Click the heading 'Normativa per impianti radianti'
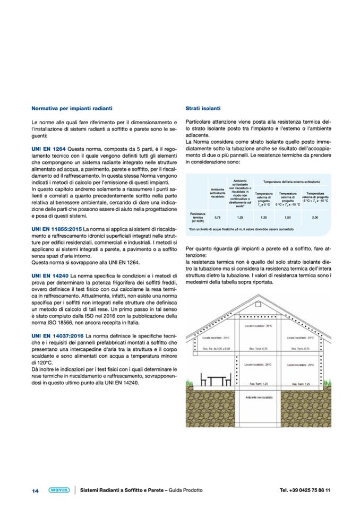click(x=72, y=108)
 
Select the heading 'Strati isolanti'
click(x=200, y=108)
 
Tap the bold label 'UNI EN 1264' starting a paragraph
click(x=48, y=150)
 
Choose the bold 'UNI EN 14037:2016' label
click(x=57, y=337)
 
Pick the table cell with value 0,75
click(x=217, y=217)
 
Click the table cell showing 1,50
click(x=288, y=217)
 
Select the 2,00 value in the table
click(x=315, y=217)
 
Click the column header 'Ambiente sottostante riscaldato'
click(x=217, y=193)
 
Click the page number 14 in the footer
click(x=35, y=490)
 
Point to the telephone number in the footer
click(x=305, y=490)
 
